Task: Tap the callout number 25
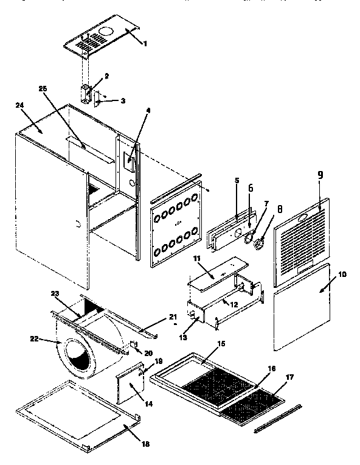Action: [43, 89]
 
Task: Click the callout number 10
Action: [342, 274]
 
